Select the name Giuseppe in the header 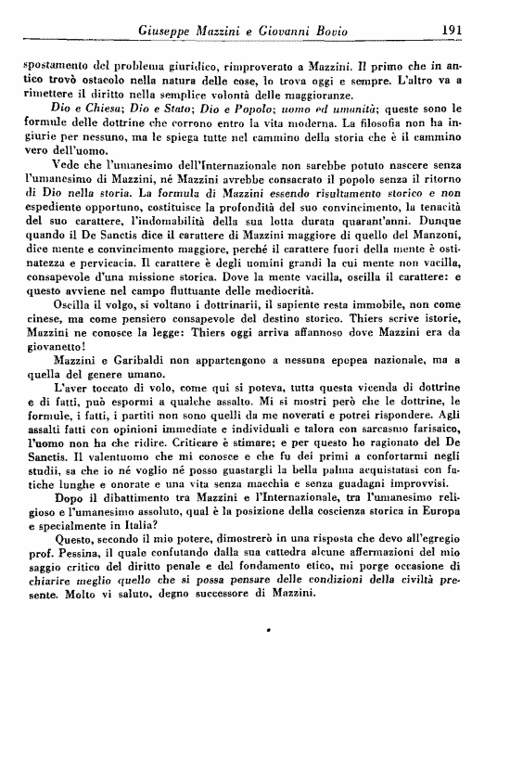[170, 32]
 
